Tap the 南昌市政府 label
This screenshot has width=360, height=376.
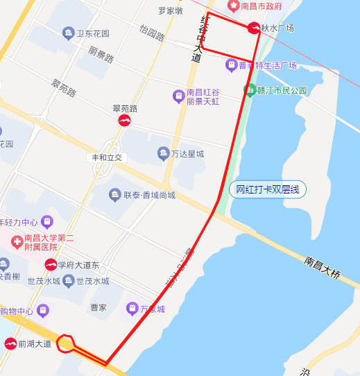261,6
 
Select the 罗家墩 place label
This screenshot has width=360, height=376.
170,11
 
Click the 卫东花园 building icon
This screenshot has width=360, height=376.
68,33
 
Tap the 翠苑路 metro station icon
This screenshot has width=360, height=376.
124,121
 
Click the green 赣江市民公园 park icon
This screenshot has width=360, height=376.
249,89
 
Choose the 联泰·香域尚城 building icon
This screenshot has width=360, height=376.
115,195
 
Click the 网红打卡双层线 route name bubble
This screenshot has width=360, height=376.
267,189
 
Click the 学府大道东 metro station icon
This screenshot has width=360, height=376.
51,264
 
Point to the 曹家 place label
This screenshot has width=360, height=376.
98,307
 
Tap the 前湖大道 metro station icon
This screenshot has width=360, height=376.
10,343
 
